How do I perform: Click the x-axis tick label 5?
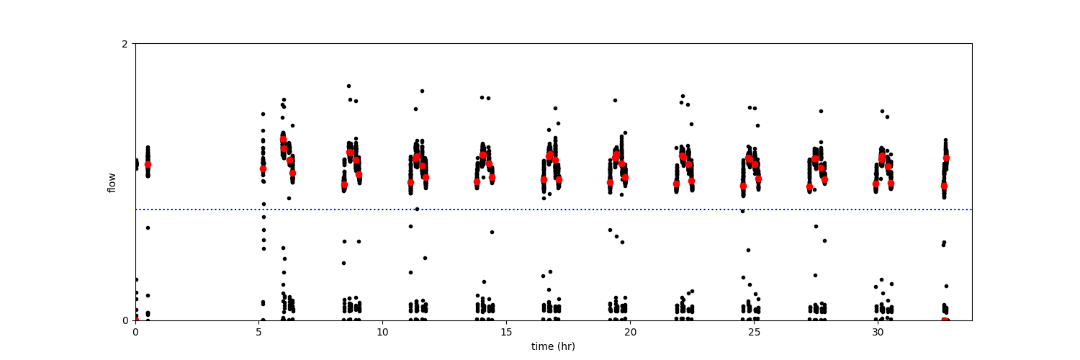259,332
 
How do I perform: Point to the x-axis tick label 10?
382,332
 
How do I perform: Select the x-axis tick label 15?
506,332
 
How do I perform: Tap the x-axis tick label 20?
630,332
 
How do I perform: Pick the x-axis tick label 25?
754,332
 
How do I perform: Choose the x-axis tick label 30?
878,332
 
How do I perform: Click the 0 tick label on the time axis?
135,332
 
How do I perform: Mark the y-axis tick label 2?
125,44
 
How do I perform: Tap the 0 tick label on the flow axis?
125,320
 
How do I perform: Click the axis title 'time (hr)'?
553,346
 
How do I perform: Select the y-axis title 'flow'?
112,183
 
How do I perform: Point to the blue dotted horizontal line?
554,209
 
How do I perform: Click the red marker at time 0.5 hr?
148,164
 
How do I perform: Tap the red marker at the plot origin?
136,320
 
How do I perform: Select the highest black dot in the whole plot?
348,86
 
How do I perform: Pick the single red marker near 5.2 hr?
264,168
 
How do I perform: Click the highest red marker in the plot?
284,140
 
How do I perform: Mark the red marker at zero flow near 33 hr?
945,320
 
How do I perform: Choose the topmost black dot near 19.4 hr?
615,100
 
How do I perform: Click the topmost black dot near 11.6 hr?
422,91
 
